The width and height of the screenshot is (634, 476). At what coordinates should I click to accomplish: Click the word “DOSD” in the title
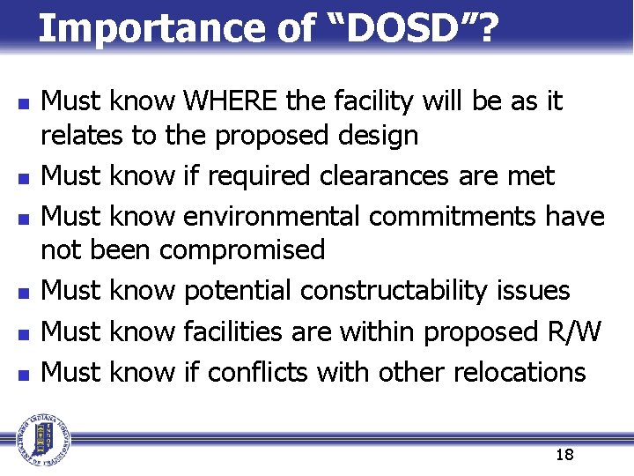408,28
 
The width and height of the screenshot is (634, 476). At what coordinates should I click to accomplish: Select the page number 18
564,455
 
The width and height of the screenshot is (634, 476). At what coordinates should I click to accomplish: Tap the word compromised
242,250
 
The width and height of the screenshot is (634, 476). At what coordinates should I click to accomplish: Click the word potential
240,291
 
